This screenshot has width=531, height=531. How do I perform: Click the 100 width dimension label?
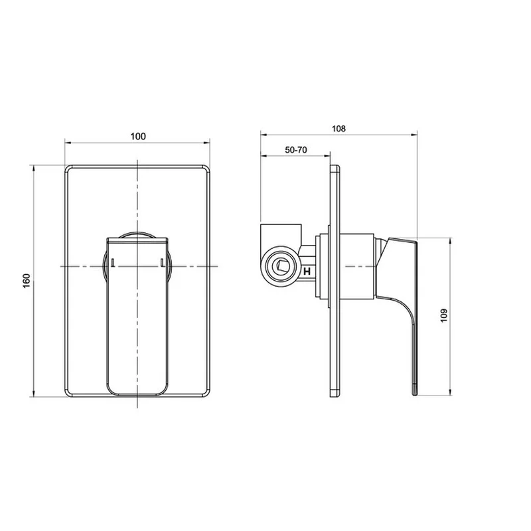138,136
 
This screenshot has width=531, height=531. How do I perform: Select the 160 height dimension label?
27,281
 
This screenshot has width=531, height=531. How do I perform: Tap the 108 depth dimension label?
339,129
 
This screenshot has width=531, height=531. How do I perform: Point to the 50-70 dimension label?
296,150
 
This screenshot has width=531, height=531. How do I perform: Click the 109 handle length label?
444,316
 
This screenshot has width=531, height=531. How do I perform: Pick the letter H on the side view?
307,271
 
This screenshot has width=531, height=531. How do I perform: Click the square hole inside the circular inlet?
280,267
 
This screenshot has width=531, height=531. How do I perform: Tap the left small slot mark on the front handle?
113,262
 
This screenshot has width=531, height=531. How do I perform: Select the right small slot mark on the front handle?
162,262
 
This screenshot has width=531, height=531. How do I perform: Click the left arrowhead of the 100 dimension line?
68,143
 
